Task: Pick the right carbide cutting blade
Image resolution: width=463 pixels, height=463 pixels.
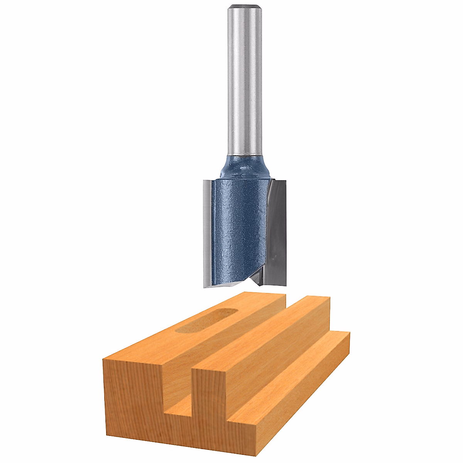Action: tap(278, 231)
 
